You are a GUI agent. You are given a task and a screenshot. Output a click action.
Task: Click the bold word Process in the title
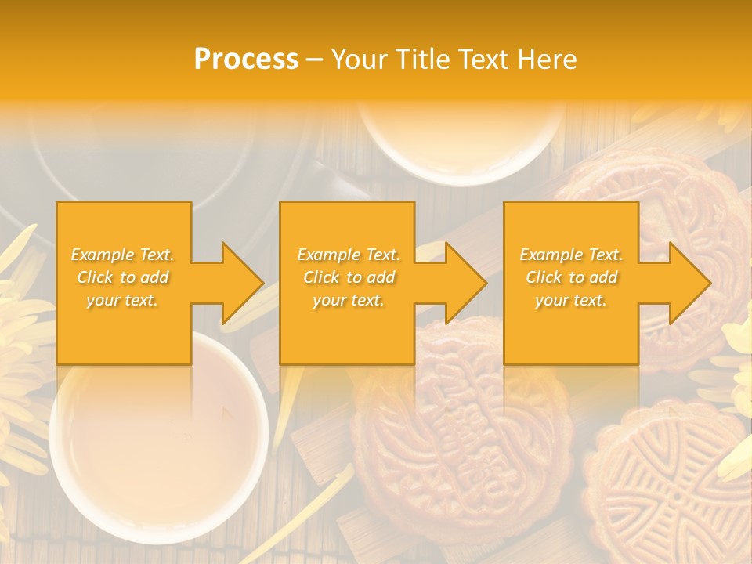(x=246, y=60)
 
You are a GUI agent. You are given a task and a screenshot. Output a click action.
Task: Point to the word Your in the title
(x=360, y=60)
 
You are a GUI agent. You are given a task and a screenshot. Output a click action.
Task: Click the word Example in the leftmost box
(x=102, y=255)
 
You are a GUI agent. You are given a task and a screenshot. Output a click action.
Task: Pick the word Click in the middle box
(x=321, y=277)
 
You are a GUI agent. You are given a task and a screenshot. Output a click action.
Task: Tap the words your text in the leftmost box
(x=122, y=300)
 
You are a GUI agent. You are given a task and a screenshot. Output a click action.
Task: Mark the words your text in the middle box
(x=348, y=300)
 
